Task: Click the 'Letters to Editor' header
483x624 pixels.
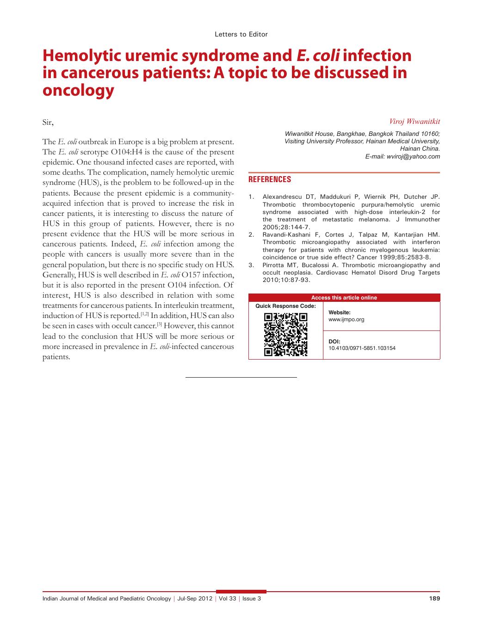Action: coord(241,34)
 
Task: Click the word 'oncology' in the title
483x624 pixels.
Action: coord(78,91)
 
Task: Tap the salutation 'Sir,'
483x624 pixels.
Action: coord(48,122)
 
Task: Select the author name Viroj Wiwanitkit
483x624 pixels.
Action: coord(415,122)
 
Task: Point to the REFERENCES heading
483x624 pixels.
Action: coord(270,179)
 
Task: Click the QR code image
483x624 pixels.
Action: coord(285,334)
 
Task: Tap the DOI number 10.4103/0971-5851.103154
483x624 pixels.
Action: coord(362,348)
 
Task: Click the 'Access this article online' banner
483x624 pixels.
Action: coord(344,298)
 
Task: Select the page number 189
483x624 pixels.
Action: coord(434,599)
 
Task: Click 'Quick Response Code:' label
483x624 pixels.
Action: coord(285,306)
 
